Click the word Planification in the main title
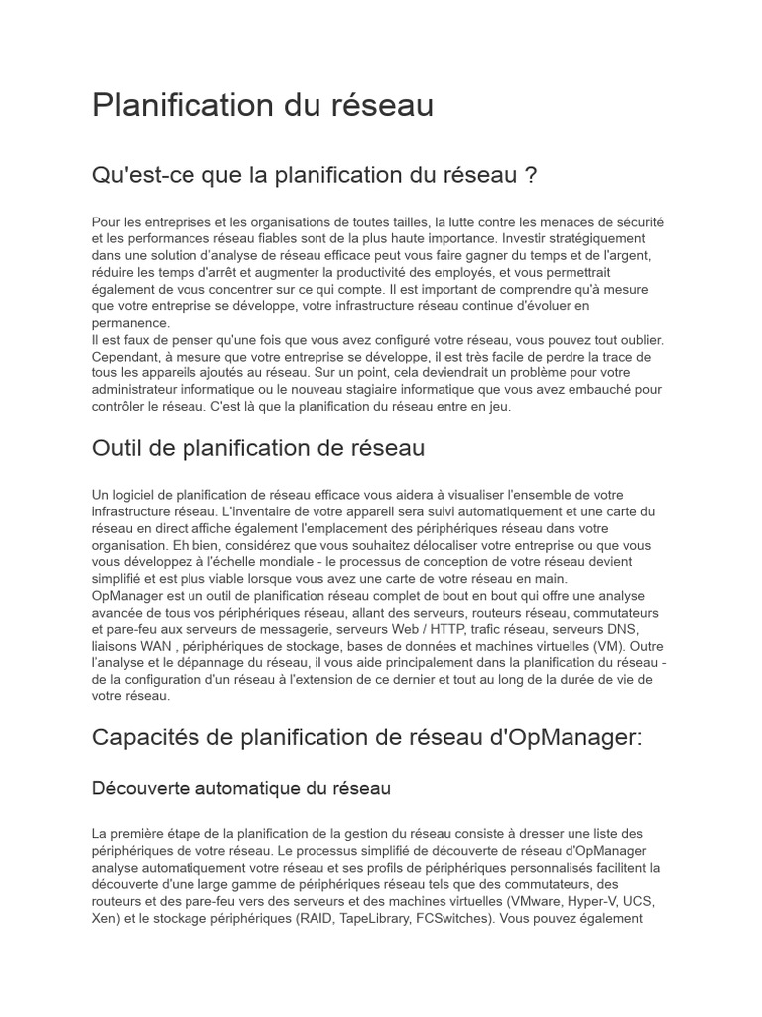click(x=175, y=105)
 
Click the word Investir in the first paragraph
click(x=528, y=239)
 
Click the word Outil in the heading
click(x=118, y=448)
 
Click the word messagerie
click(x=295, y=630)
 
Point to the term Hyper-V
click(x=595, y=901)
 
